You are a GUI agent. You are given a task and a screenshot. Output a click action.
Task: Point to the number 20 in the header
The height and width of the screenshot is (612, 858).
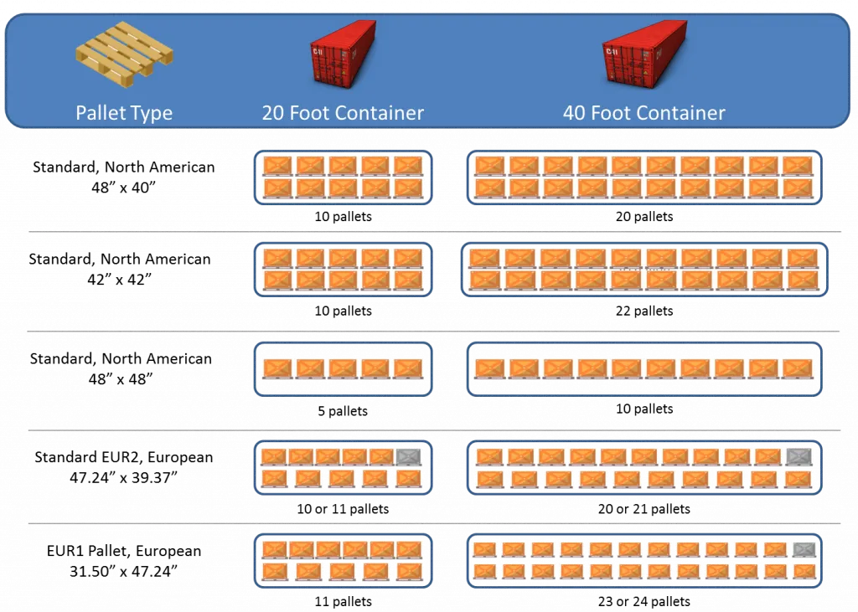click(x=273, y=113)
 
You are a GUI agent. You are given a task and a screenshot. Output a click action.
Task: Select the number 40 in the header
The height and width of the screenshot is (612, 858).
click(x=574, y=113)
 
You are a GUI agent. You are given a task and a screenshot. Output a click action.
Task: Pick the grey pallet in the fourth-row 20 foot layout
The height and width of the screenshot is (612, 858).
click(x=407, y=457)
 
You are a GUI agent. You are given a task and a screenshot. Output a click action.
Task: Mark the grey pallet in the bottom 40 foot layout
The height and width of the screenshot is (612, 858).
click(x=804, y=549)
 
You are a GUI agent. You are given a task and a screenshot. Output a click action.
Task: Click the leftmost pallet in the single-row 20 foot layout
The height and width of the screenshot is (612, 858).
click(x=277, y=368)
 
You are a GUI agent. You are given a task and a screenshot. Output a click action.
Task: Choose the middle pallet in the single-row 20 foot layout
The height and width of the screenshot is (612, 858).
click(x=343, y=368)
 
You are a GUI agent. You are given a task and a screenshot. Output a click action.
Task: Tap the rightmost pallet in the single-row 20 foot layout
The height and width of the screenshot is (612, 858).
click(x=408, y=368)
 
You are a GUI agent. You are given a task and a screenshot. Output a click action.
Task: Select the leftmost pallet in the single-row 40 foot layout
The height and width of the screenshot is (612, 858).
click(x=488, y=368)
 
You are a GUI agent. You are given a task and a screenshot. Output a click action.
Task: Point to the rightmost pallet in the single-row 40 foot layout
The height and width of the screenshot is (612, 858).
click(x=797, y=368)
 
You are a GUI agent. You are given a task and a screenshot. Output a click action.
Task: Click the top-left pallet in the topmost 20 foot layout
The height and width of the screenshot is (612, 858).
click(x=277, y=166)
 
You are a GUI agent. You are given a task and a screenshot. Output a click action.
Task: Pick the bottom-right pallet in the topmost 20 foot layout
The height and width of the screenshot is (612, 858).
click(x=408, y=188)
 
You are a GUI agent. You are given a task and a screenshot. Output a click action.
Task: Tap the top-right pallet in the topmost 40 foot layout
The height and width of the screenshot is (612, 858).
click(x=797, y=166)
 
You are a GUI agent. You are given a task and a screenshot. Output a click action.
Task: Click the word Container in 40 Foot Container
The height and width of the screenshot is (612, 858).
click(x=677, y=113)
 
